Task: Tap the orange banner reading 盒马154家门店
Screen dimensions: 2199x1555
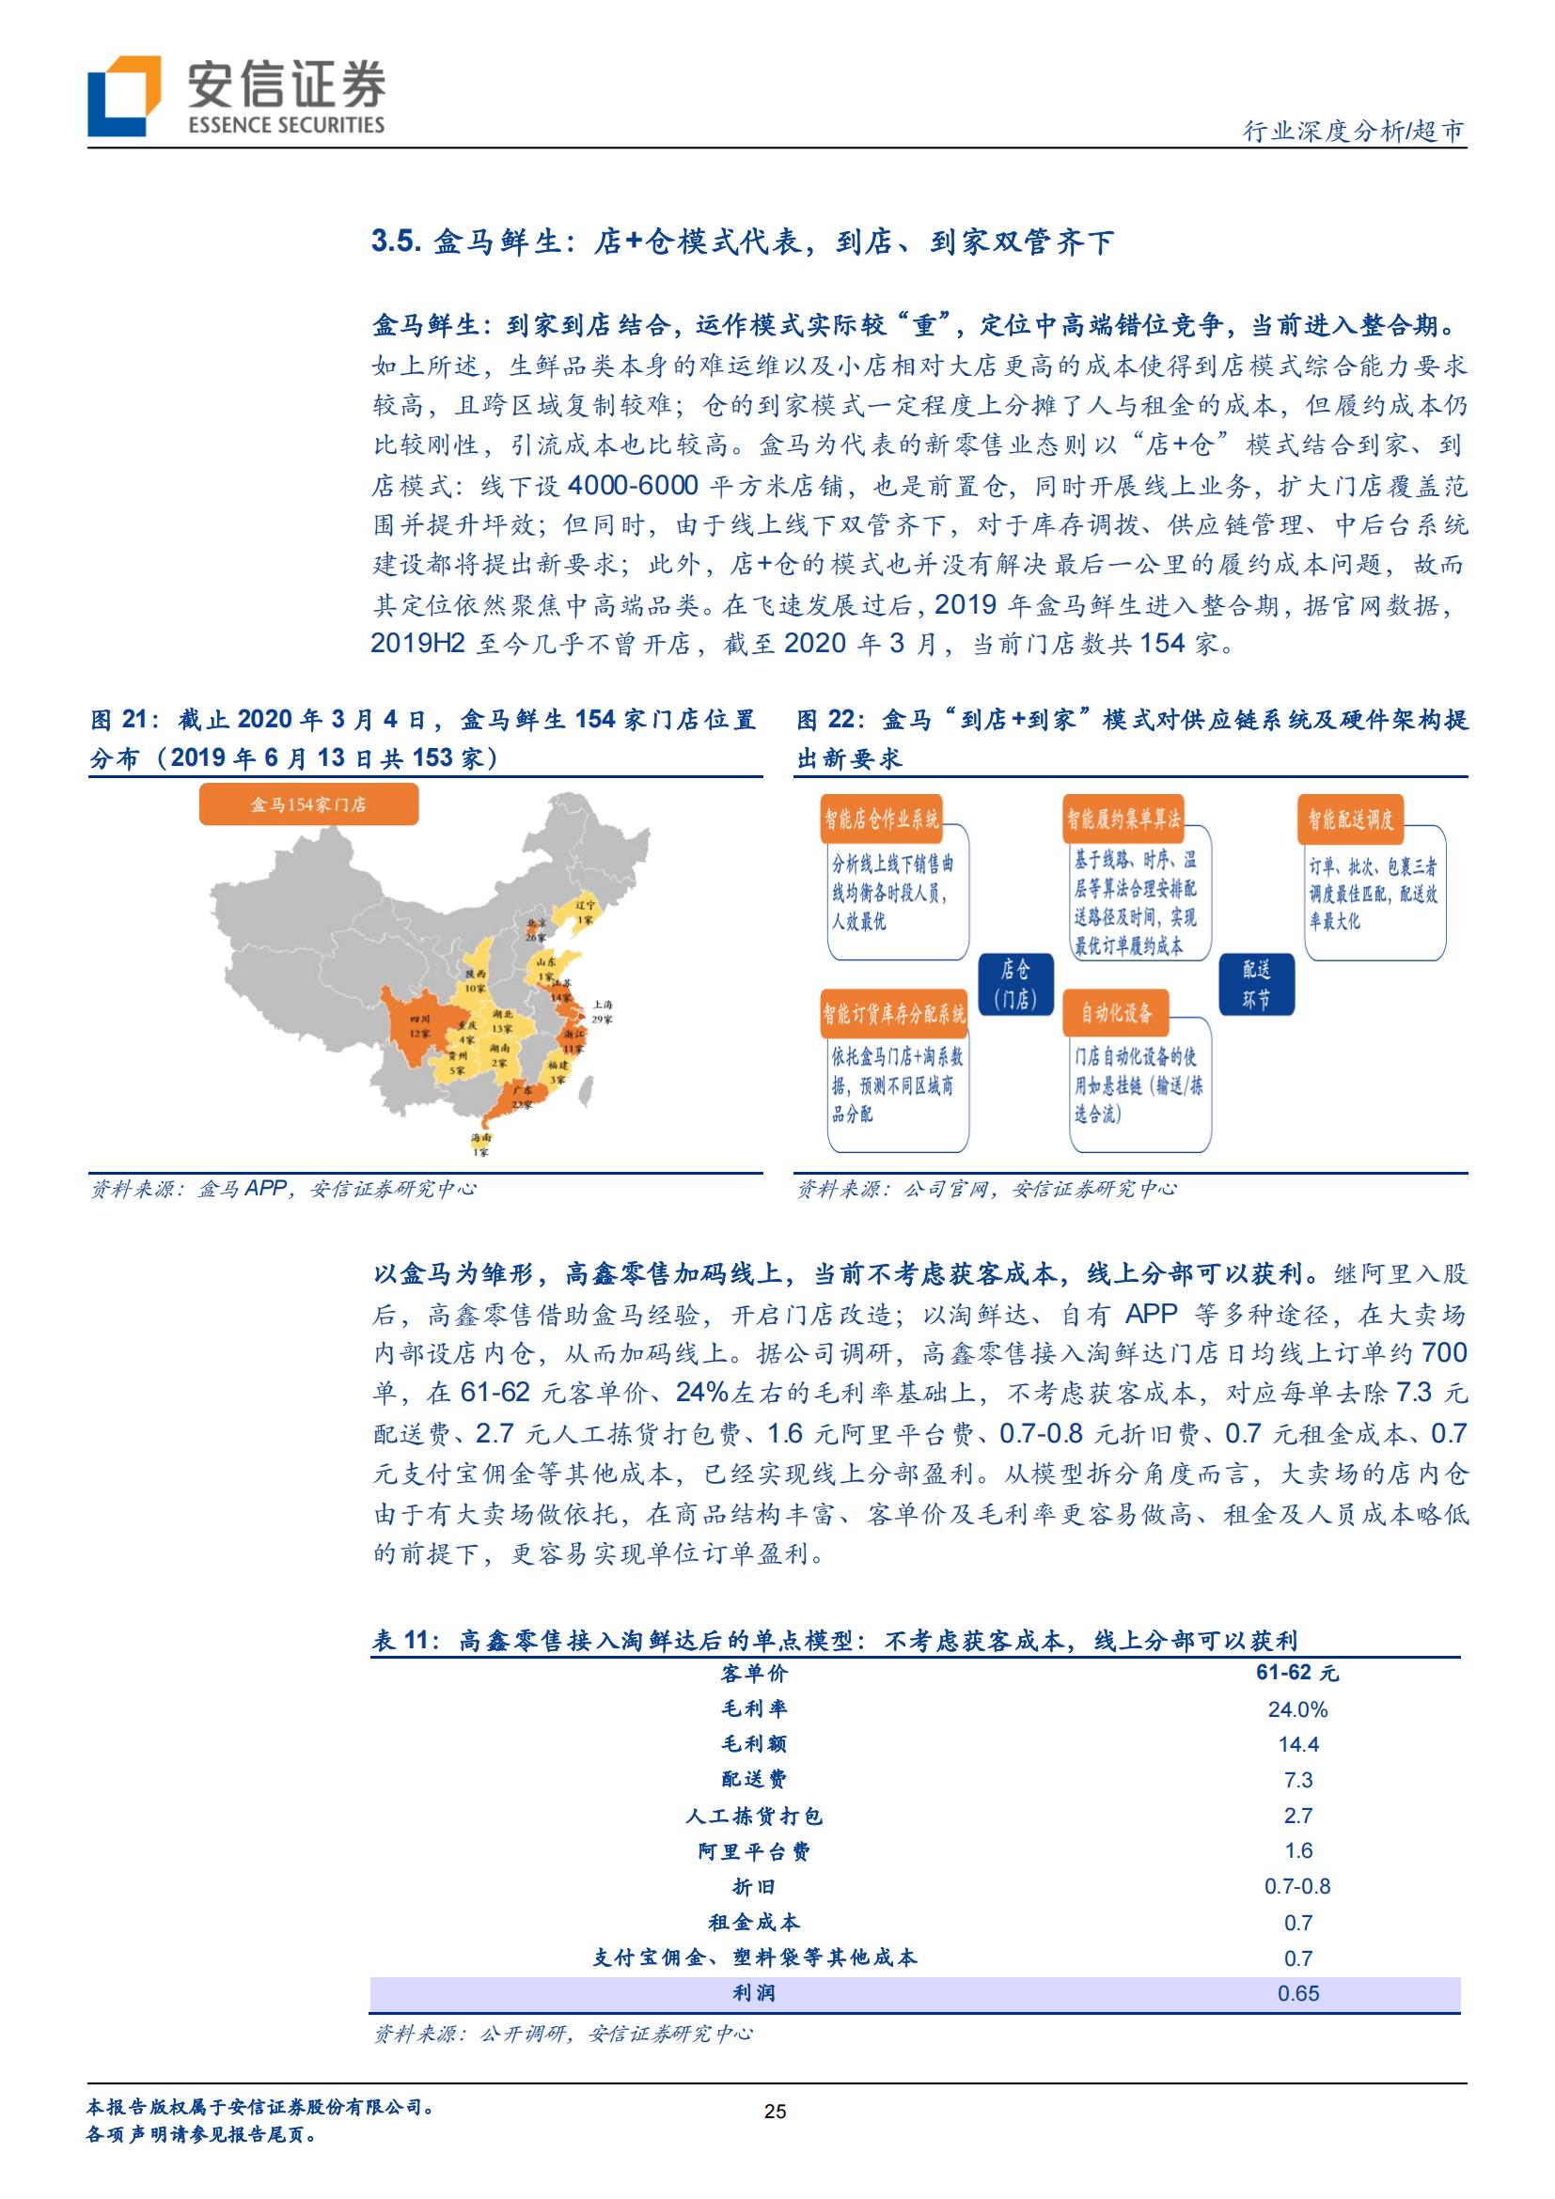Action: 308,804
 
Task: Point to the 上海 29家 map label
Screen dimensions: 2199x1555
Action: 602,1011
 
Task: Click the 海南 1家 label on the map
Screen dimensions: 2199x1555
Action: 479,1145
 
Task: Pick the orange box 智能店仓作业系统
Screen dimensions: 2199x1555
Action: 882,818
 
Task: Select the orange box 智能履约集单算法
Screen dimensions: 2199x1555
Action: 1123,818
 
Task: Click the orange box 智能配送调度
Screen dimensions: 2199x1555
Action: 1351,819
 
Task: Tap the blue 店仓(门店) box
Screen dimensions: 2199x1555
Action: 1014,985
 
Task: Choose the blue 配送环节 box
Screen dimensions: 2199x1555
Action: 1256,985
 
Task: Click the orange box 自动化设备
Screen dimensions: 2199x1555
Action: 1116,1012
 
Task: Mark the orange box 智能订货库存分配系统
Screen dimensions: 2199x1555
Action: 894,1013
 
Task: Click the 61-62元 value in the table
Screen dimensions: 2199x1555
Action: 1297,1673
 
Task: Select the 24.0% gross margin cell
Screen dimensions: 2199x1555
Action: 1297,1709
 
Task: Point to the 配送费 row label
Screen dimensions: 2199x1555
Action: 754,1780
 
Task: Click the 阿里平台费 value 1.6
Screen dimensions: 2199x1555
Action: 1297,1851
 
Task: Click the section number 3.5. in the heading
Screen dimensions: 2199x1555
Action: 396,242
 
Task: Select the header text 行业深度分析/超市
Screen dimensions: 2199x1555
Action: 1353,132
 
